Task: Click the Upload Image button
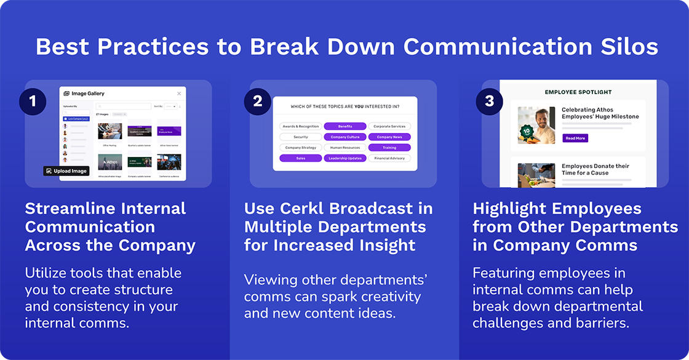66,170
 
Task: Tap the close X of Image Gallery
179,94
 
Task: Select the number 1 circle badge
33,102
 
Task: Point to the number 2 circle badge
257,102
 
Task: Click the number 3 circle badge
489,102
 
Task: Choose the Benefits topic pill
345,126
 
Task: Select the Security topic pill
301,137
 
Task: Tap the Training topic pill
389,148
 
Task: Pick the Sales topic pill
301,158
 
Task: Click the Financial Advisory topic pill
389,158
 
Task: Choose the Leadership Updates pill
345,158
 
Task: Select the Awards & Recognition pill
301,126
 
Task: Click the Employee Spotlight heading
578,92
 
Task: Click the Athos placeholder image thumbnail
110,162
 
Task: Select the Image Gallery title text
88,94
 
